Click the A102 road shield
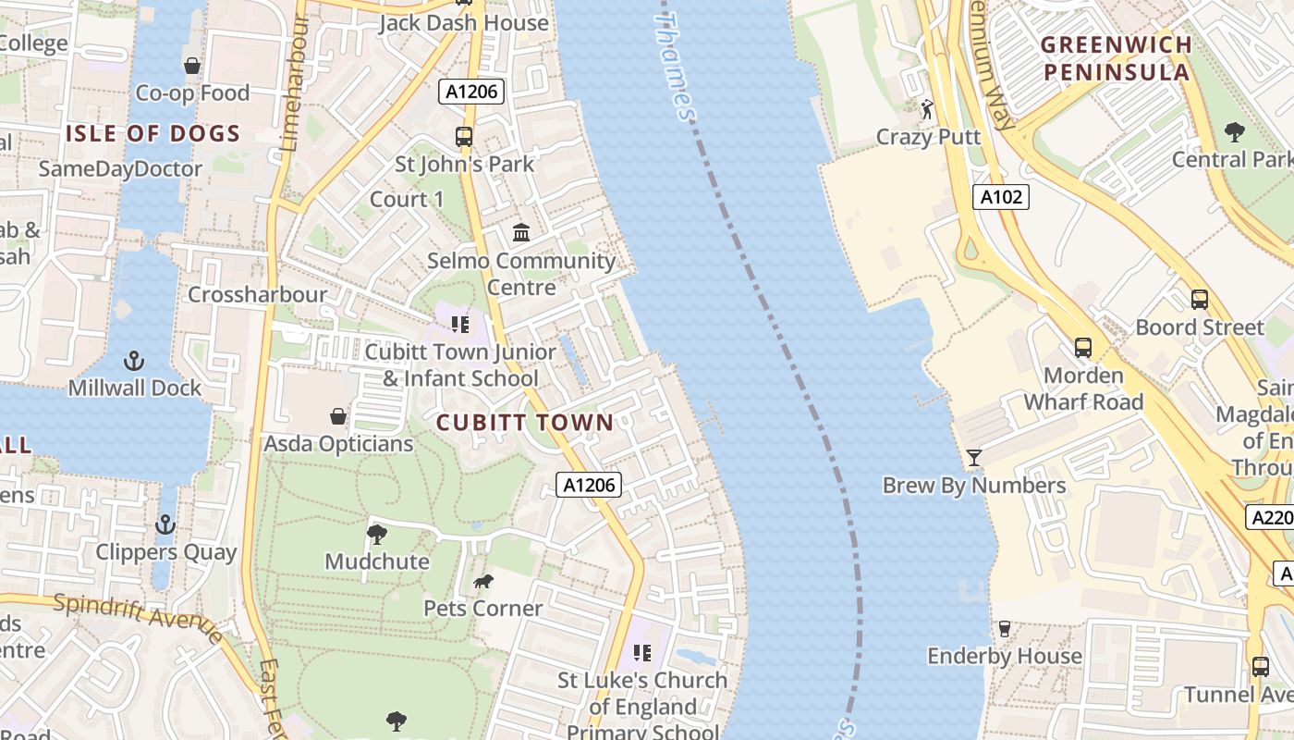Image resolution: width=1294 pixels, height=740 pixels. (x=1001, y=196)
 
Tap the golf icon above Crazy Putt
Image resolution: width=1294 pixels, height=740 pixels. (x=927, y=110)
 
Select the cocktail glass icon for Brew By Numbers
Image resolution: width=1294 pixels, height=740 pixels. (x=973, y=457)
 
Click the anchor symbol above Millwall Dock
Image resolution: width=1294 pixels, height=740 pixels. (x=135, y=360)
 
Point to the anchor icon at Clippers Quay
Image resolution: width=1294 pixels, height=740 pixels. (x=165, y=524)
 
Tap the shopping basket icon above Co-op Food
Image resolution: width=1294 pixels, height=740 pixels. (x=192, y=66)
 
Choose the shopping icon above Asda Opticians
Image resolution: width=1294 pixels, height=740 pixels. (x=338, y=416)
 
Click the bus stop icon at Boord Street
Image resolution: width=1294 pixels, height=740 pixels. (x=1199, y=300)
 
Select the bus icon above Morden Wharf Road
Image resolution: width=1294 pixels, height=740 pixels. (x=1083, y=349)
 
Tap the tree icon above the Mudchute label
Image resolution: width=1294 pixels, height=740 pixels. (x=376, y=534)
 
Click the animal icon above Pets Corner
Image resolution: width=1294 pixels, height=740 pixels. (x=482, y=581)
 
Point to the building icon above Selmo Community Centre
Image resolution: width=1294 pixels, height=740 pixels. (x=521, y=232)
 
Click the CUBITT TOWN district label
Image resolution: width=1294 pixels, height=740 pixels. (x=524, y=423)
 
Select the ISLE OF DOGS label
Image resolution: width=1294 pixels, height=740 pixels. (x=153, y=133)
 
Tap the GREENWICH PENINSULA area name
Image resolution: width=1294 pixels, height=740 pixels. (x=1116, y=58)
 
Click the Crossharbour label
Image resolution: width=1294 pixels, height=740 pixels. (x=257, y=294)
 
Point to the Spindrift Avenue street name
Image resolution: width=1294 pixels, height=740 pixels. (x=139, y=619)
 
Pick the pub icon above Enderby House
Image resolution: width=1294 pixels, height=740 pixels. (x=1005, y=629)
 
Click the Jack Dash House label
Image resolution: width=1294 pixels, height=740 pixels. (x=464, y=22)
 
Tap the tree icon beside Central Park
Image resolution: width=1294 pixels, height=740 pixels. (x=1234, y=132)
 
